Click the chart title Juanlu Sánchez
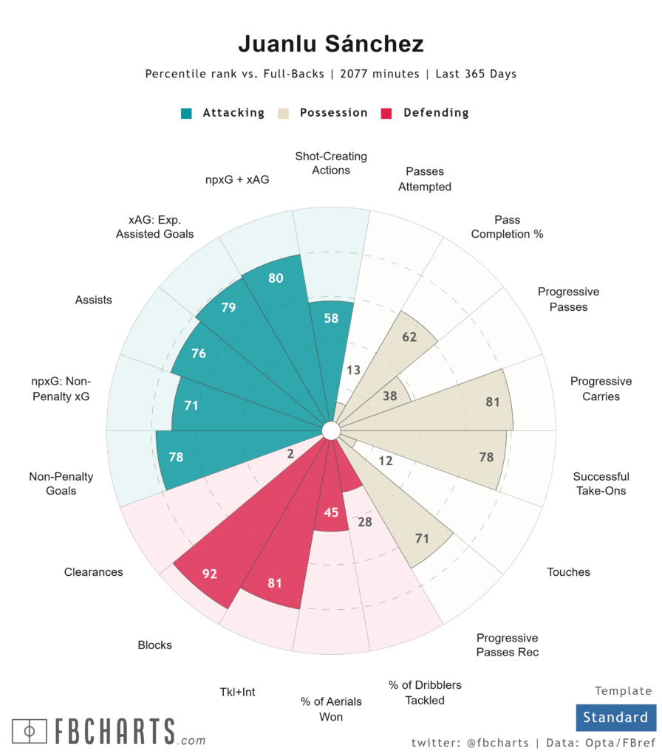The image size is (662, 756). point(330,44)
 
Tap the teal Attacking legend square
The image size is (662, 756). point(187,113)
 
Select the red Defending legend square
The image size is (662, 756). point(385,113)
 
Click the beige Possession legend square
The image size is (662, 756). point(282,113)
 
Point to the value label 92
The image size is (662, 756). point(210,573)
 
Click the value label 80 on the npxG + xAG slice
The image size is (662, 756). point(276,278)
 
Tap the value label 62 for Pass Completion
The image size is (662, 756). point(409,337)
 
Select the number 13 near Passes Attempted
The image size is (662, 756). point(354,369)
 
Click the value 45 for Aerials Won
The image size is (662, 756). point(332,512)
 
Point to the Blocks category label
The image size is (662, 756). point(154,645)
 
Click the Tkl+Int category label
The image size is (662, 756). point(237,692)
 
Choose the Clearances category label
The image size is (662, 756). point(93,571)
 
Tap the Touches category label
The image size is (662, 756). point(568,571)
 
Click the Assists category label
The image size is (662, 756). point(93,300)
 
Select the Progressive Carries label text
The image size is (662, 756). point(601,388)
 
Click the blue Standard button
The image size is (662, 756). point(615,717)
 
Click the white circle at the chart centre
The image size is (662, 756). point(330,430)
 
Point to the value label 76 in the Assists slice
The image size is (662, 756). point(198,354)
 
